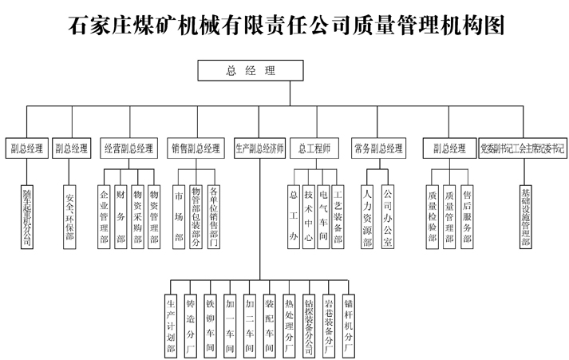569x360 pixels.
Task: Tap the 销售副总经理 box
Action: (x=196, y=148)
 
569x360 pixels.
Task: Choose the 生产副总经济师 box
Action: (x=259, y=148)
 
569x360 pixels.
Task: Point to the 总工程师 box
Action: (x=314, y=148)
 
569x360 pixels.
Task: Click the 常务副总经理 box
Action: (x=378, y=148)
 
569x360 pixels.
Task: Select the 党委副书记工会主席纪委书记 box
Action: (x=523, y=148)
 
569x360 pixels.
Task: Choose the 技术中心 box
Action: (x=308, y=215)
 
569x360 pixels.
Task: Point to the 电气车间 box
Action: (x=323, y=215)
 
